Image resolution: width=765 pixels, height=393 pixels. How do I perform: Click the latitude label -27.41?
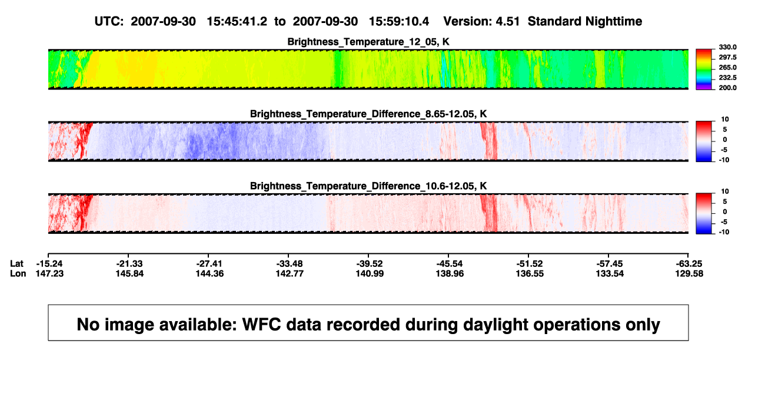point(209,264)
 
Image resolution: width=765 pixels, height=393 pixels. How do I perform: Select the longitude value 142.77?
point(290,273)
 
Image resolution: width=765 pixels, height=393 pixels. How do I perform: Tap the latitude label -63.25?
point(689,264)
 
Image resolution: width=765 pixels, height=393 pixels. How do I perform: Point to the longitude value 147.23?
point(49,273)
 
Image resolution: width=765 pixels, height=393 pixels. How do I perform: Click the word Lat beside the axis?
point(16,264)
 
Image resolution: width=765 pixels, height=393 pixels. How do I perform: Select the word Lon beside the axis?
point(18,273)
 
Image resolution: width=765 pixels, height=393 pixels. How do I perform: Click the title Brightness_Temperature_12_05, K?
point(368,42)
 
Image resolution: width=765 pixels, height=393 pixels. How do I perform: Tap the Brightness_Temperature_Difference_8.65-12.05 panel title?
point(368,114)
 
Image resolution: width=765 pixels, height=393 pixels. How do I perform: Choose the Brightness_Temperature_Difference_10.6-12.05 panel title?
point(368,186)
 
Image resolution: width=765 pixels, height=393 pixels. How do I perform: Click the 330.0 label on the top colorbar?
point(727,47)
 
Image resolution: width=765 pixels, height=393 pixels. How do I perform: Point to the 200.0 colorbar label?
point(727,88)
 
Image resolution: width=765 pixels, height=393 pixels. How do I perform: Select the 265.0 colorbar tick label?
point(727,67)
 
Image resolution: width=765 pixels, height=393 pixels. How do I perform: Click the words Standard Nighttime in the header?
point(585,21)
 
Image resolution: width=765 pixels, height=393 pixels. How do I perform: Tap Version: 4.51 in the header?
point(481,21)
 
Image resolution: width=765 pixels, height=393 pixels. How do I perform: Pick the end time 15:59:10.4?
point(399,21)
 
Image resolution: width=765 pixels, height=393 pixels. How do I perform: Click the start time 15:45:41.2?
point(237,21)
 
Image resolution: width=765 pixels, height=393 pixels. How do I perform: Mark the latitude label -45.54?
point(450,264)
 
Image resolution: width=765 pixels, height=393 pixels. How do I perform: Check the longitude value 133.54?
point(610,273)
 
